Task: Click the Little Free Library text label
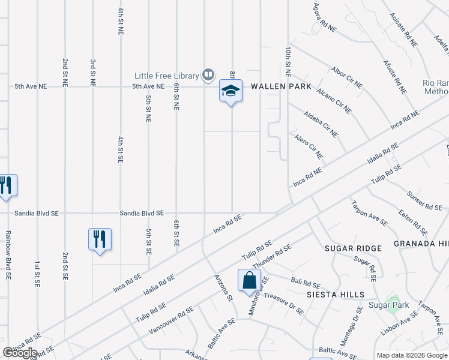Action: [x=166, y=76]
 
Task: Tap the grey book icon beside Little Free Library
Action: [x=208, y=75]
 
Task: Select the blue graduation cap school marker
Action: [x=231, y=91]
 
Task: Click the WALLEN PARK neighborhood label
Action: [x=281, y=86]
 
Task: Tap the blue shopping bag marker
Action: [x=249, y=280]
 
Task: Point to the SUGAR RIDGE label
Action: [x=353, y=248]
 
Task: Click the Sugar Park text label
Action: [x=389, y=305]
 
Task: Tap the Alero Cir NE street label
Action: [x=309, y=146]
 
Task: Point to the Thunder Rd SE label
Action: [x=272, y=257]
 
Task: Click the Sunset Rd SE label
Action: [x=424, y=201]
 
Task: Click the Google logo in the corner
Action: [x=20, y=353]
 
